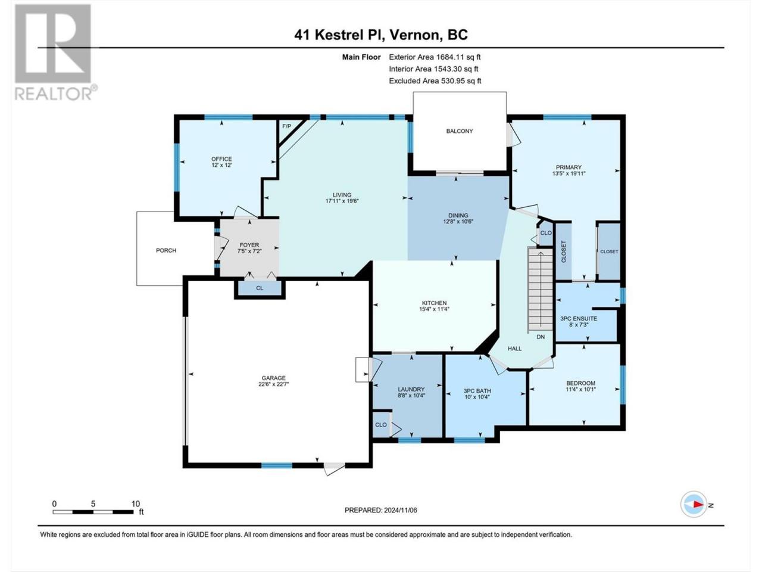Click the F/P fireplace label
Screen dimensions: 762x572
tap(286, 126)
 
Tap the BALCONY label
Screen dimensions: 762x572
tap(459, 131)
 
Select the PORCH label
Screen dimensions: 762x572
tap(166, 250)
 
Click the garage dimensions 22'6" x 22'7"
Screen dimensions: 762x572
tap(274, 384)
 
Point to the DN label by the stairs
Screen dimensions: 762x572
tap(541, 337)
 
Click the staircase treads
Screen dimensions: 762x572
tap(540, 290)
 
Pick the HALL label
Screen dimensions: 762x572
tap(514, 349)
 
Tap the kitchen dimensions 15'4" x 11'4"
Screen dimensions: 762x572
tap(435, 309)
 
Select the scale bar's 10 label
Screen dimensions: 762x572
tap(135, 503)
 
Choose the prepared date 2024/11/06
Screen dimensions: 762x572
tap(400, 510)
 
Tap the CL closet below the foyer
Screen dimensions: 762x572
tap(260, 288)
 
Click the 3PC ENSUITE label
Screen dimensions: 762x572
tap(579, 318)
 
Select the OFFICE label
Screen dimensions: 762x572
tap(221, 159)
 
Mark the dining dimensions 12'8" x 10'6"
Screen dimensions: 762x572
tap(458, 221)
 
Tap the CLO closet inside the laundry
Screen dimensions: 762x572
tap(381, 425)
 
